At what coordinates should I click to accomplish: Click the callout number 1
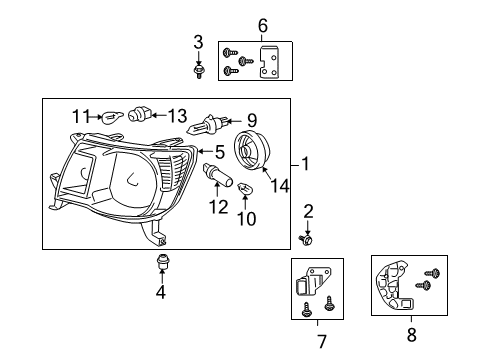pos(306,165)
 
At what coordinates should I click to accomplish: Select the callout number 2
pos(308,210)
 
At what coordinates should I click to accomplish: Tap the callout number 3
pos(198,41)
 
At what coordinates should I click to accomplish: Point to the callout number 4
pos(161,293)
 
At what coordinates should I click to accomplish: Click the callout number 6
pos(263,25)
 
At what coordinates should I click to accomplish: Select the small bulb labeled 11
pos(111,116)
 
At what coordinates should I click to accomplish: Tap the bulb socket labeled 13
pos(140,114)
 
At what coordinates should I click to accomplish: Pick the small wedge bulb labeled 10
pos(247,188)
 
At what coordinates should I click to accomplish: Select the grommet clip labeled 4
pos(161,264)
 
